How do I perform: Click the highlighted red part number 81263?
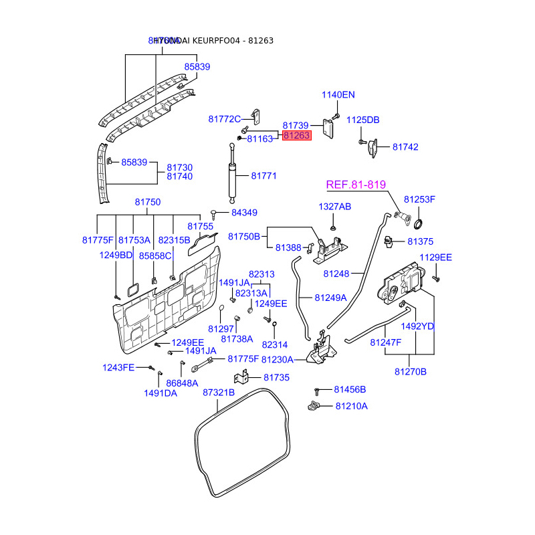point(296,136)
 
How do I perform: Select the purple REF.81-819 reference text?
point(356,185)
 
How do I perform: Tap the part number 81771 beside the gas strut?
point(263,176)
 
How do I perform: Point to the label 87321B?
point(219,393)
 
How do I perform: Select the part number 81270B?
point(410,371)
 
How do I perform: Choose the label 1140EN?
point(338,95)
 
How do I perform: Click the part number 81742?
point(405,146)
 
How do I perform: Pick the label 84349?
point(244,213)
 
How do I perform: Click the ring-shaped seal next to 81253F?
point(422,223)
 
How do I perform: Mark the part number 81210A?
point(351,406)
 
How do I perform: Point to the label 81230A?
point(278,359)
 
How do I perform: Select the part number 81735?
point(276,377)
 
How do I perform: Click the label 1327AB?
point(334,207)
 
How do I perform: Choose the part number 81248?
point(336,274)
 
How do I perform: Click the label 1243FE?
point(118,367)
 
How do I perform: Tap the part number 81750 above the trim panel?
point(147,202)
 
